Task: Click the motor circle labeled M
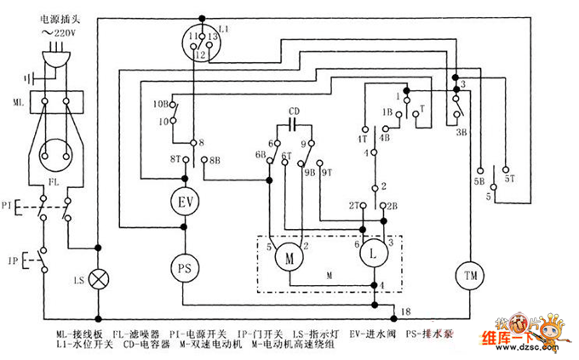[x=289, y=254]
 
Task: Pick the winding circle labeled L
[x=372, y=253]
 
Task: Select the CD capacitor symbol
[x=294, y=123]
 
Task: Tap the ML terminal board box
[x=55, y=104]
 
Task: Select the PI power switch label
[x=8, y=206]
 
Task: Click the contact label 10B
[x=160, y=104]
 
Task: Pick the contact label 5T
[x=510, y=180]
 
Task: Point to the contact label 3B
[x=461, y=133]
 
